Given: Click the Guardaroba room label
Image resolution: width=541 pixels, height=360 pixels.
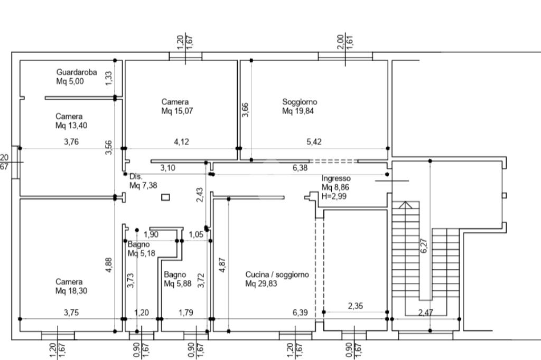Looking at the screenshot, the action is pos(76,77).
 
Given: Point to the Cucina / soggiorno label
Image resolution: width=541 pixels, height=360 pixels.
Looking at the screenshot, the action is pos(277,279).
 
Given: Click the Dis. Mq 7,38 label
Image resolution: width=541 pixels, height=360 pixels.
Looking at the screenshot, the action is pos(143,181).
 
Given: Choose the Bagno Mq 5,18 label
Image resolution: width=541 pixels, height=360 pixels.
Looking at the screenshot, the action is pos(142,249).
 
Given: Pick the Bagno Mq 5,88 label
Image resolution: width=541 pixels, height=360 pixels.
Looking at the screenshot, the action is pos(178,279).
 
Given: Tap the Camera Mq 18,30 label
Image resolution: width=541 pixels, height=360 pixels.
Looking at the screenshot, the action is pos(71,286).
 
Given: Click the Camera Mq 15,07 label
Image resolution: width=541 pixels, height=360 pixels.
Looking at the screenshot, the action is pos(177,106).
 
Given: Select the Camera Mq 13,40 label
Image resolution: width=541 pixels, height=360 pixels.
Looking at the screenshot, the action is pos(71,121).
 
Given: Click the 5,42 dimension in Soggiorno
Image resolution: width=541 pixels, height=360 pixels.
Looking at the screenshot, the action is pos(314,141).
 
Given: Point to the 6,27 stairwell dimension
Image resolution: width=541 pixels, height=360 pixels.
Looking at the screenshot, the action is pos(424,246).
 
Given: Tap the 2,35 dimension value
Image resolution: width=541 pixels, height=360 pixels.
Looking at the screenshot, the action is pos(356,306).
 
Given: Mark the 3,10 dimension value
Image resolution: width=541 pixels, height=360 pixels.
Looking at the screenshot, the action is pos(167,168).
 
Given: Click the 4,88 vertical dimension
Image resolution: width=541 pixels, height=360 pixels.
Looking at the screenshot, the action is pos(109,265).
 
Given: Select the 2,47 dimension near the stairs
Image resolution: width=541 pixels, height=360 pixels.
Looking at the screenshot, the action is pos(425,313).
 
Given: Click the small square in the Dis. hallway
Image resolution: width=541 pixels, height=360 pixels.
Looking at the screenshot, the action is pos(165,197).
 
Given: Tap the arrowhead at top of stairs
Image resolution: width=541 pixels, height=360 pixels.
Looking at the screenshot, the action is pos(406,205).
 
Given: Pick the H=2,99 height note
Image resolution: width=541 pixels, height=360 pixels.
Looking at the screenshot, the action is pos(334,196).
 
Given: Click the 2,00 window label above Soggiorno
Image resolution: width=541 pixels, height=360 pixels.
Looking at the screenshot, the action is pos(341,42).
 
